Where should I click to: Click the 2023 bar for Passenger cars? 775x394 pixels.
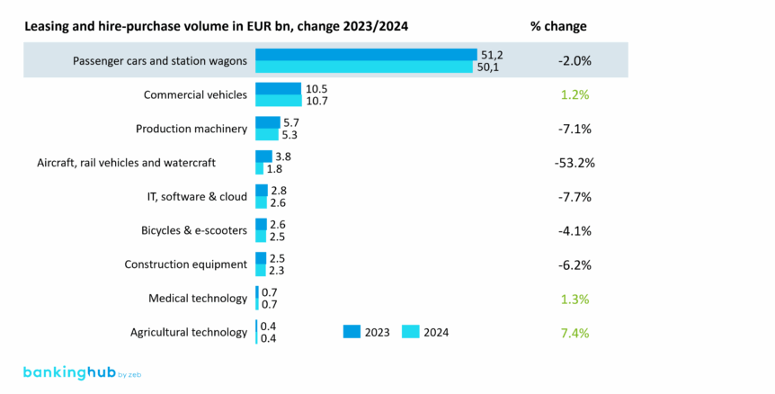tap(366, 54)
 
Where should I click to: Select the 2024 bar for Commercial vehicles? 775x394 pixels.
tap(279, 101)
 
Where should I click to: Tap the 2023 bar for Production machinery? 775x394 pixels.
tap(268, 122)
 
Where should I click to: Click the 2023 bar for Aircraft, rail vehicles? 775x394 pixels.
tap(263, 157)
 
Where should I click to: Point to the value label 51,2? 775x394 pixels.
tap(492, 54)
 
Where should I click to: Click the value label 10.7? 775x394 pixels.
tap(317, 101)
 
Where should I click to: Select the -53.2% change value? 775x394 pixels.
tap(575, 163)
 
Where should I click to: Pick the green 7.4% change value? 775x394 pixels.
tap(575, 333)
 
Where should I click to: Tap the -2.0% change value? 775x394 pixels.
tap(575, 60)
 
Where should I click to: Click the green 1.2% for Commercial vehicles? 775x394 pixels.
tap(575, 94)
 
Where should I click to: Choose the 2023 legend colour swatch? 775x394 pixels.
tap(352, 331)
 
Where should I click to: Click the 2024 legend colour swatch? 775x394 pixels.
tap(411, 331)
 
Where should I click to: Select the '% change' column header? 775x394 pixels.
tap(558, 25)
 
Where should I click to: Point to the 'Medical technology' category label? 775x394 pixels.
tap(198, 299)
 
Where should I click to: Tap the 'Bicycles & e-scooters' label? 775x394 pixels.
tap(194, 230)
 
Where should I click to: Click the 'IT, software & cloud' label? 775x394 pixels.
tap(197, 196)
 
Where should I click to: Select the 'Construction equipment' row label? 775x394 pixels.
tap(185, 264)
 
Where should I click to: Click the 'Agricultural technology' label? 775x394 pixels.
tap(189, 332)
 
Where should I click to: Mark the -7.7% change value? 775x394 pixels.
tap(575, 197)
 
